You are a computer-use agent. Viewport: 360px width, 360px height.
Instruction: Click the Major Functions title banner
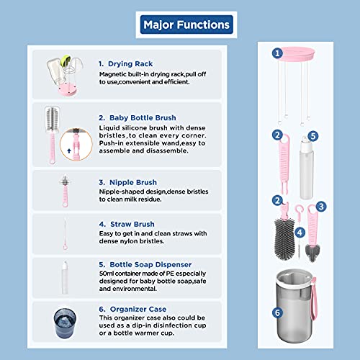click(186, 24)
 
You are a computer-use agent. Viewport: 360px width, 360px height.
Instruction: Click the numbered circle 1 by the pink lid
click(277, 53)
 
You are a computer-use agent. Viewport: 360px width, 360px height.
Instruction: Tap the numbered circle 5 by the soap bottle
click(313, 136)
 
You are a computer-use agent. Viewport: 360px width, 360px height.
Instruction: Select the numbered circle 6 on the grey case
click(277, 312)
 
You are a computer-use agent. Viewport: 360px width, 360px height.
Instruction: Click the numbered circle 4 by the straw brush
click(300, 233)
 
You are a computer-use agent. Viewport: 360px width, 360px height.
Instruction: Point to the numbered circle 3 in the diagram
click(321, 207)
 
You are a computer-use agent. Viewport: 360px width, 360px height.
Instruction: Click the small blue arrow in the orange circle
click(69, 150)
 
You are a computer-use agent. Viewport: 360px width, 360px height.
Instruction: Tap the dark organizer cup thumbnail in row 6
click(65, 323)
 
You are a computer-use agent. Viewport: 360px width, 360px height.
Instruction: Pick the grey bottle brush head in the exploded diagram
click(284, 239)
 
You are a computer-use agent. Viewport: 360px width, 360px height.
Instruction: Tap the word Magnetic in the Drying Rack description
click(112, 74)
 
